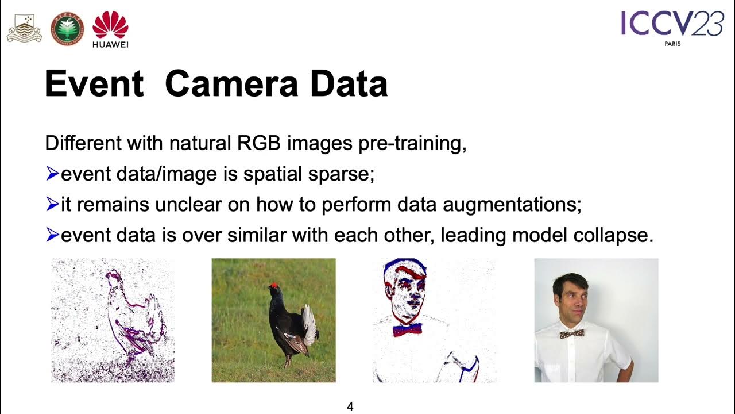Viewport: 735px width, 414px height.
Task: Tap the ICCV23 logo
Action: [671, 24]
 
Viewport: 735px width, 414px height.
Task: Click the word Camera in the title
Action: [230, 84]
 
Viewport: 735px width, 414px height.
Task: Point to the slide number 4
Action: [350, 407]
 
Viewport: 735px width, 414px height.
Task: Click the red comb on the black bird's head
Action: [273, 285]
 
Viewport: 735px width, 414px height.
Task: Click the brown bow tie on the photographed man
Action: [572, 334]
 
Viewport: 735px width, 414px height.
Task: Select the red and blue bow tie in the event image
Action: [407, 329]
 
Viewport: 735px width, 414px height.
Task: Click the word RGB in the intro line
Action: [259, 143]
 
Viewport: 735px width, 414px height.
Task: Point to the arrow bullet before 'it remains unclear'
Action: [52, 204]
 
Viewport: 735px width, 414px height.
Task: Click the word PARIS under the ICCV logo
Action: [672, 44]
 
